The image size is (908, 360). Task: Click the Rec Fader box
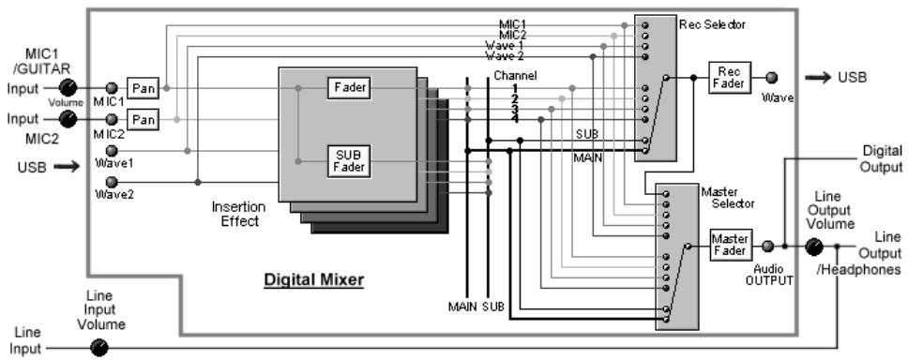730,78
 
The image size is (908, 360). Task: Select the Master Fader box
730,245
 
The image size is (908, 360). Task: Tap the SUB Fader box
349,161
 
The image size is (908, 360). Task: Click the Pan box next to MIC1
142,88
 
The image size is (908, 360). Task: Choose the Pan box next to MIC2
142,119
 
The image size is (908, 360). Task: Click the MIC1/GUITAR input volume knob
68,87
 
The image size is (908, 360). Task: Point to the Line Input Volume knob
99,348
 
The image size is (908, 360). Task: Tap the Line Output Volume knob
813,247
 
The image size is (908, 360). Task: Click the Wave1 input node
112,151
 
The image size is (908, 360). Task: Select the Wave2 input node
112,182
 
